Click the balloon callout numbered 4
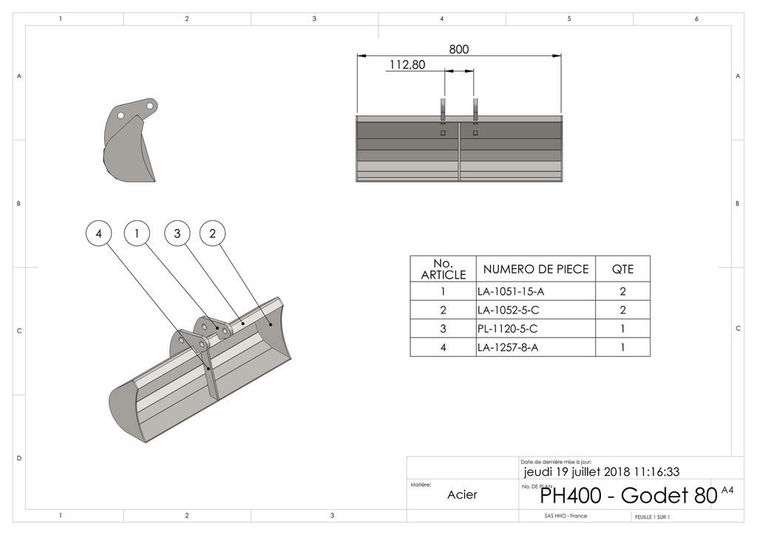tap(98, 234)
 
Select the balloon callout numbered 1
tap(137, 234)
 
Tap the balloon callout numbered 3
tap(177, 234)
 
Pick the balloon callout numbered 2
tap(212, 234)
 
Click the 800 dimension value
tap(459, 50)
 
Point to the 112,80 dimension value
tap(407, 65)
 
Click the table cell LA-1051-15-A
tap(511, 291)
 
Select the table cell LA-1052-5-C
tap(509, 310)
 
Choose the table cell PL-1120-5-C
tap(507, 329)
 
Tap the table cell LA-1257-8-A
tap(509, 347)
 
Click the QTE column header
tap(622, 269)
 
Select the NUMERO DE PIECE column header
tap(536, 269)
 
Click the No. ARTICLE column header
tap(443, 269)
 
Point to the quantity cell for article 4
tap(622, 347)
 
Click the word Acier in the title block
tap(462, 494)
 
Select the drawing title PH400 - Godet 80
tap(628, 495)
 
